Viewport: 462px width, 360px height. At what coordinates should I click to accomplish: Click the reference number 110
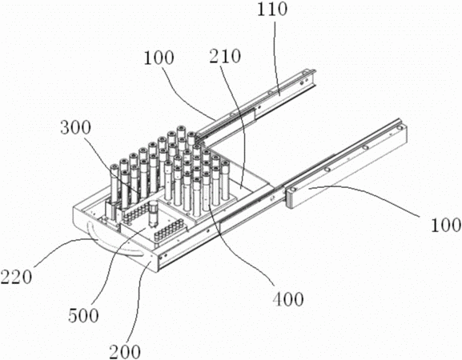(x=271, y=9)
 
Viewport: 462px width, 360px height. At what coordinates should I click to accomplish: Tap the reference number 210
(x=225, y=56)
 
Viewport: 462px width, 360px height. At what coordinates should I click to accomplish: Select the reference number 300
(x=75, y=128)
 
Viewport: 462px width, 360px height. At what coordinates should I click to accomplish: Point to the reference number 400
(x=288, y=299)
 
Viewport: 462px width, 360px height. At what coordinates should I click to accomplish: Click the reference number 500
(x=83, y=315)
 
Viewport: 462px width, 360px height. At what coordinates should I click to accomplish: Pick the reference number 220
(x=16, y=277)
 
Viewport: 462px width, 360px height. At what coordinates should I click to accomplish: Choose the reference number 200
(x=125, y=351)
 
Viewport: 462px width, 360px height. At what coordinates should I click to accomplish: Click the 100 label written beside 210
(x=159, y=58)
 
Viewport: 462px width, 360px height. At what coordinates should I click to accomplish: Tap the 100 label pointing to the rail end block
(x=446, y=225)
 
